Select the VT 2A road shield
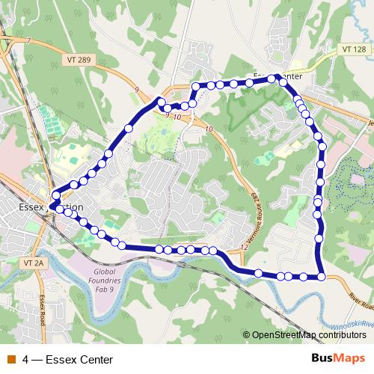click(x=34, y=263)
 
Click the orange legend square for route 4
click(x=10, y=359)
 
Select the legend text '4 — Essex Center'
click(x=68, y=360)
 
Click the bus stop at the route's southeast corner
click(x=322, y=277)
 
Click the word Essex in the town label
click(x=31, y=206)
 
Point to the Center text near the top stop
click(x=288, y=76)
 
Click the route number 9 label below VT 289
click(x=137, y=90)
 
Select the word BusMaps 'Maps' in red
click(x=351, y=359)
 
